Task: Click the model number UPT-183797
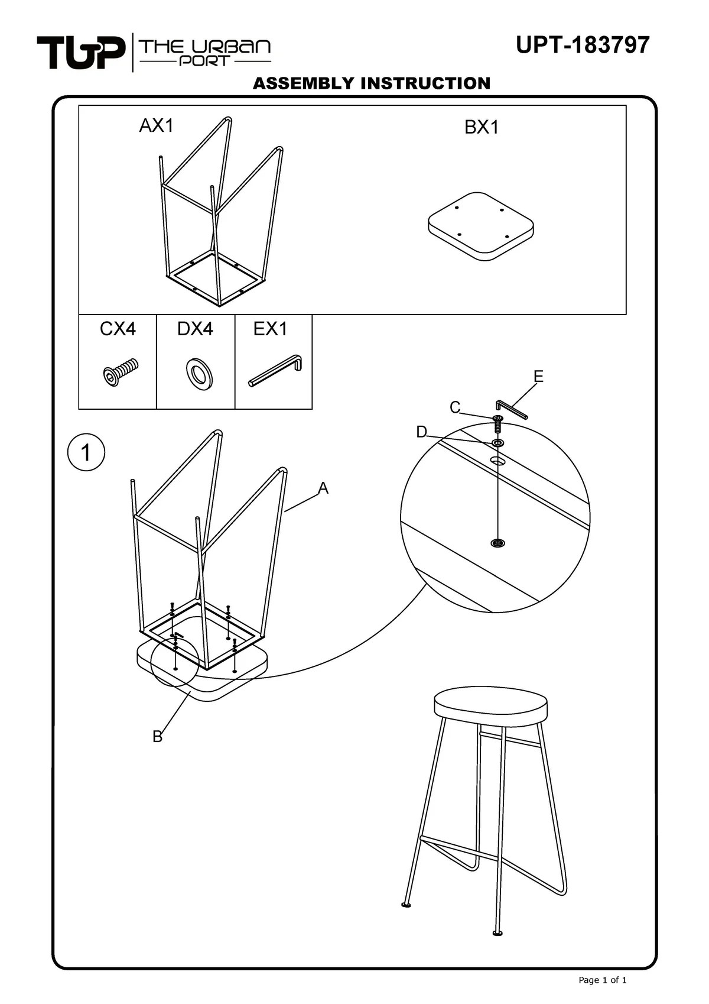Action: point(582,45)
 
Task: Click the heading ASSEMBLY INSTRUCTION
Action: point(371,83)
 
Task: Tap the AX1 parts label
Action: point(156,125)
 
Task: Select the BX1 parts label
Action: point(482,127)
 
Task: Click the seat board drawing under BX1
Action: point(481,226)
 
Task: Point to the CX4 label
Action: point(118,329)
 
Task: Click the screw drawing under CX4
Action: point(120,372)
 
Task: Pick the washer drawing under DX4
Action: point(200,374)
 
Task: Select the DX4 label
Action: point(195,329)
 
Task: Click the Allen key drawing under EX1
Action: point(276,370)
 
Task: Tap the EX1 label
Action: point(270,329)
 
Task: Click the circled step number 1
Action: point(86,453)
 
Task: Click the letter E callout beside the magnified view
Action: point(538,377)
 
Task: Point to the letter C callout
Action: point(454,407)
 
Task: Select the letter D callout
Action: point(421,432)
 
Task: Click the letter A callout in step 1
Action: point(323,488)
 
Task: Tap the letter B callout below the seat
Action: point(157,737)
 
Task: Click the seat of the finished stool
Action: point(490,703)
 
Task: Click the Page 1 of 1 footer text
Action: point(602,980)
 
